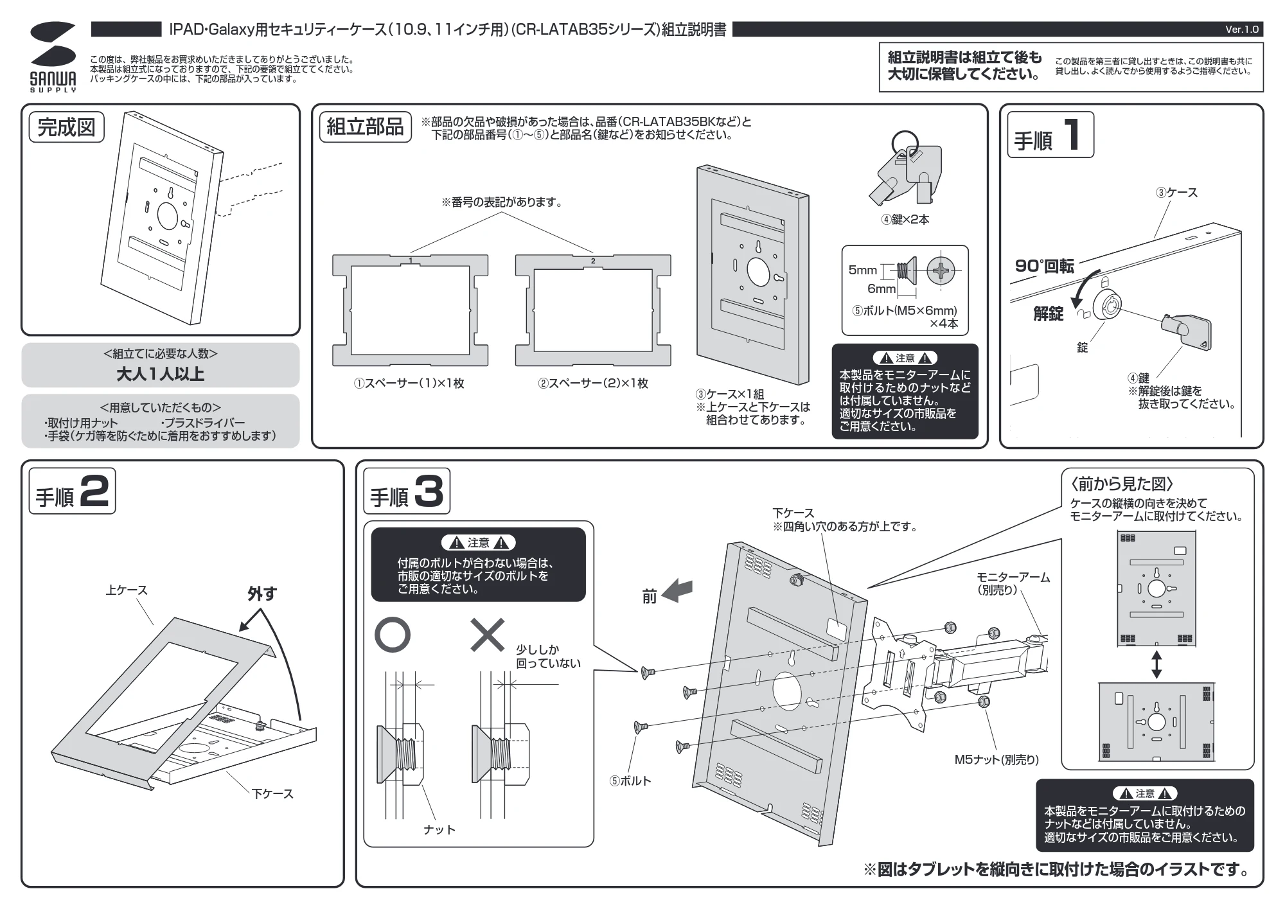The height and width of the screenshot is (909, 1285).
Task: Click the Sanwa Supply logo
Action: pyautogui.click(x=53, y=57)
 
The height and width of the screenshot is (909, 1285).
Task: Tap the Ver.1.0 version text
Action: pyautogui.click(x=1241, y=30)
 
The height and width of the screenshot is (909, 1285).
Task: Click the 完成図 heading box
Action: pyautogui.click(x=66, y=127)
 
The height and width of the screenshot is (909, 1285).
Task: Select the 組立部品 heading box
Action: pyautogui.click(x=365, y=127)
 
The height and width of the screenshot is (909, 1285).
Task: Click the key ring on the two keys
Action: pyautogui.click(x=905, y=143)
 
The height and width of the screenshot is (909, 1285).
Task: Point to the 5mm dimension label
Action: pyautogui.click(x=862, y=270)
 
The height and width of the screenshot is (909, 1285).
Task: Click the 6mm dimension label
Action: pyautogui.click(x=882, y=289)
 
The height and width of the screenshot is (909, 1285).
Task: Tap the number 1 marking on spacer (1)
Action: pyautogui.click(x=411, y=260)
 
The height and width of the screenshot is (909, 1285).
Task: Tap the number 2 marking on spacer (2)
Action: pyautogui.click(x=593, y=261)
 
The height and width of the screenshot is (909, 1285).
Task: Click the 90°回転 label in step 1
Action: pyautogui.click(x=1044, y=266)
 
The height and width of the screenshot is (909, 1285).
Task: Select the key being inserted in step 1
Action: pyautogui.click(x=1186, y=331)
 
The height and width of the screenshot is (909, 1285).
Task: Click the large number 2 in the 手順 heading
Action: pyautogui.click(x=95, y=492)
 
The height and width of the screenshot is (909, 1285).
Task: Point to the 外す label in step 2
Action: pyautogui.click(x=262, y=594)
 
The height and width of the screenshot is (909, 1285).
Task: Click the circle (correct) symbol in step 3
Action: pyautogui.click(x=392, y=635)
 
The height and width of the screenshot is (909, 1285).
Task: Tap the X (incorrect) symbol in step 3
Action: pyautogui.click(x=488, y=635)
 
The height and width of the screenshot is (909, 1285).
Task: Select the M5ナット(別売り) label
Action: pyautogui.click(x=996, y=760)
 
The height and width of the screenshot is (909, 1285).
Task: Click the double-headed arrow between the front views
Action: pyautogui.click(x=1156, y=664)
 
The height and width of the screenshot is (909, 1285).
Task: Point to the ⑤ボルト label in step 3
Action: pyautogui.click(x=630, y=781)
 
